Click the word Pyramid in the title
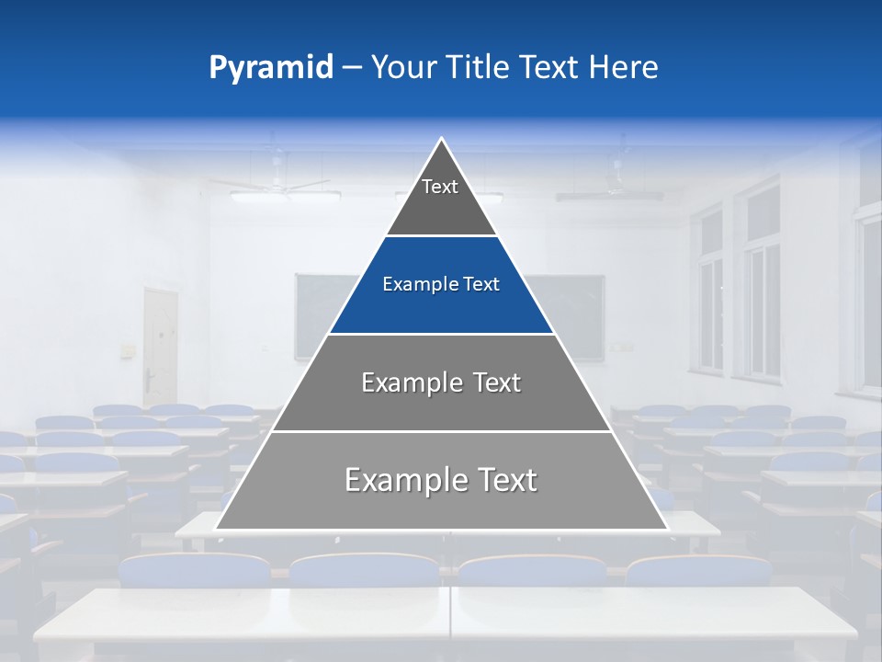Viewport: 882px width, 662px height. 270,68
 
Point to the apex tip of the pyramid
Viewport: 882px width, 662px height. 441,140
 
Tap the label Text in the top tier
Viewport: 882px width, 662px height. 440,187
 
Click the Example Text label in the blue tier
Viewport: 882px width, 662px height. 441,284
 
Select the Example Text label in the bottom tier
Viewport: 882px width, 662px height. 441,480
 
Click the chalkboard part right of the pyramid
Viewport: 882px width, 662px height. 574,313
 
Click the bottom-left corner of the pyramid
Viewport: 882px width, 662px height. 217,529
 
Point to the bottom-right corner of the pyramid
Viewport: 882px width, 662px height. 666,529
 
